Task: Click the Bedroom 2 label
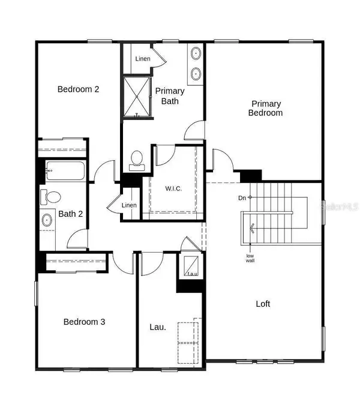coord(78,89)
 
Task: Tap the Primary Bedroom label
coord(267,108)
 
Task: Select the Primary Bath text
coord(170,96)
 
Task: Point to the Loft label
coord(263,304)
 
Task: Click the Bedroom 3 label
coord(85,322)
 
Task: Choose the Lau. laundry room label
coord(158,328)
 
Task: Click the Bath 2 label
coord(70,214)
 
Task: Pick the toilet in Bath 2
coord(50,196)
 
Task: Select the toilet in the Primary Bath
coord(137,159)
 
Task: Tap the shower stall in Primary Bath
coord(138,97)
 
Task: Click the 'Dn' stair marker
coord(241,197)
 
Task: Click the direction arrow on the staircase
coord(253,228)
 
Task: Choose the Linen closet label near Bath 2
coord(129,206)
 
